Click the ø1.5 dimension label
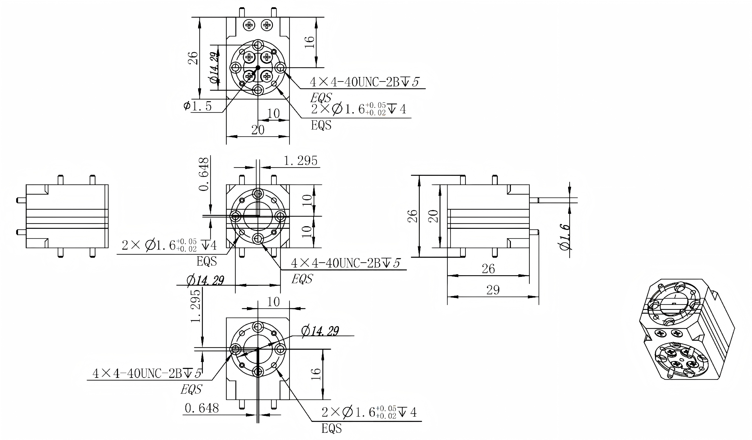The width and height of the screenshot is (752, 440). (198, 106)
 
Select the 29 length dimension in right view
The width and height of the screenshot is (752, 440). (493, 290)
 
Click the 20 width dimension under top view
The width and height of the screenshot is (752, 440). (258, 130)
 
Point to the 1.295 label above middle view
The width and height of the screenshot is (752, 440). (300, 161)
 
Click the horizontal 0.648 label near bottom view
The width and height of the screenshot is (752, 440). (202, 408)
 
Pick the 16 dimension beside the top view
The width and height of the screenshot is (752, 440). (310, 42)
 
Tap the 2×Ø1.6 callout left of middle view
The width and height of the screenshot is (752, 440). (169, 245)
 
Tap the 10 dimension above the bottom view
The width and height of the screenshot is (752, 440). (273, 302)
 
